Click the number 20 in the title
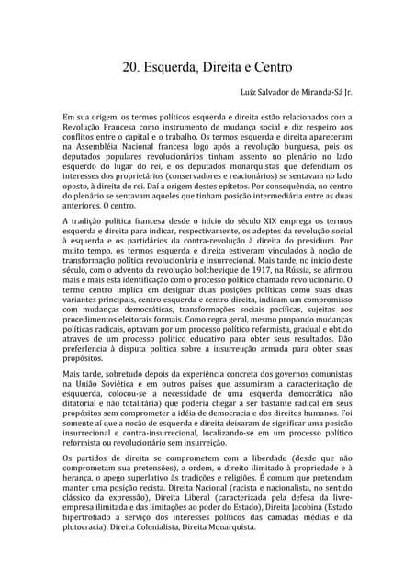tap(131, 66)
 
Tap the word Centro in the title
tap(268, 66)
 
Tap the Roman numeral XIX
tap(219, 223)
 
